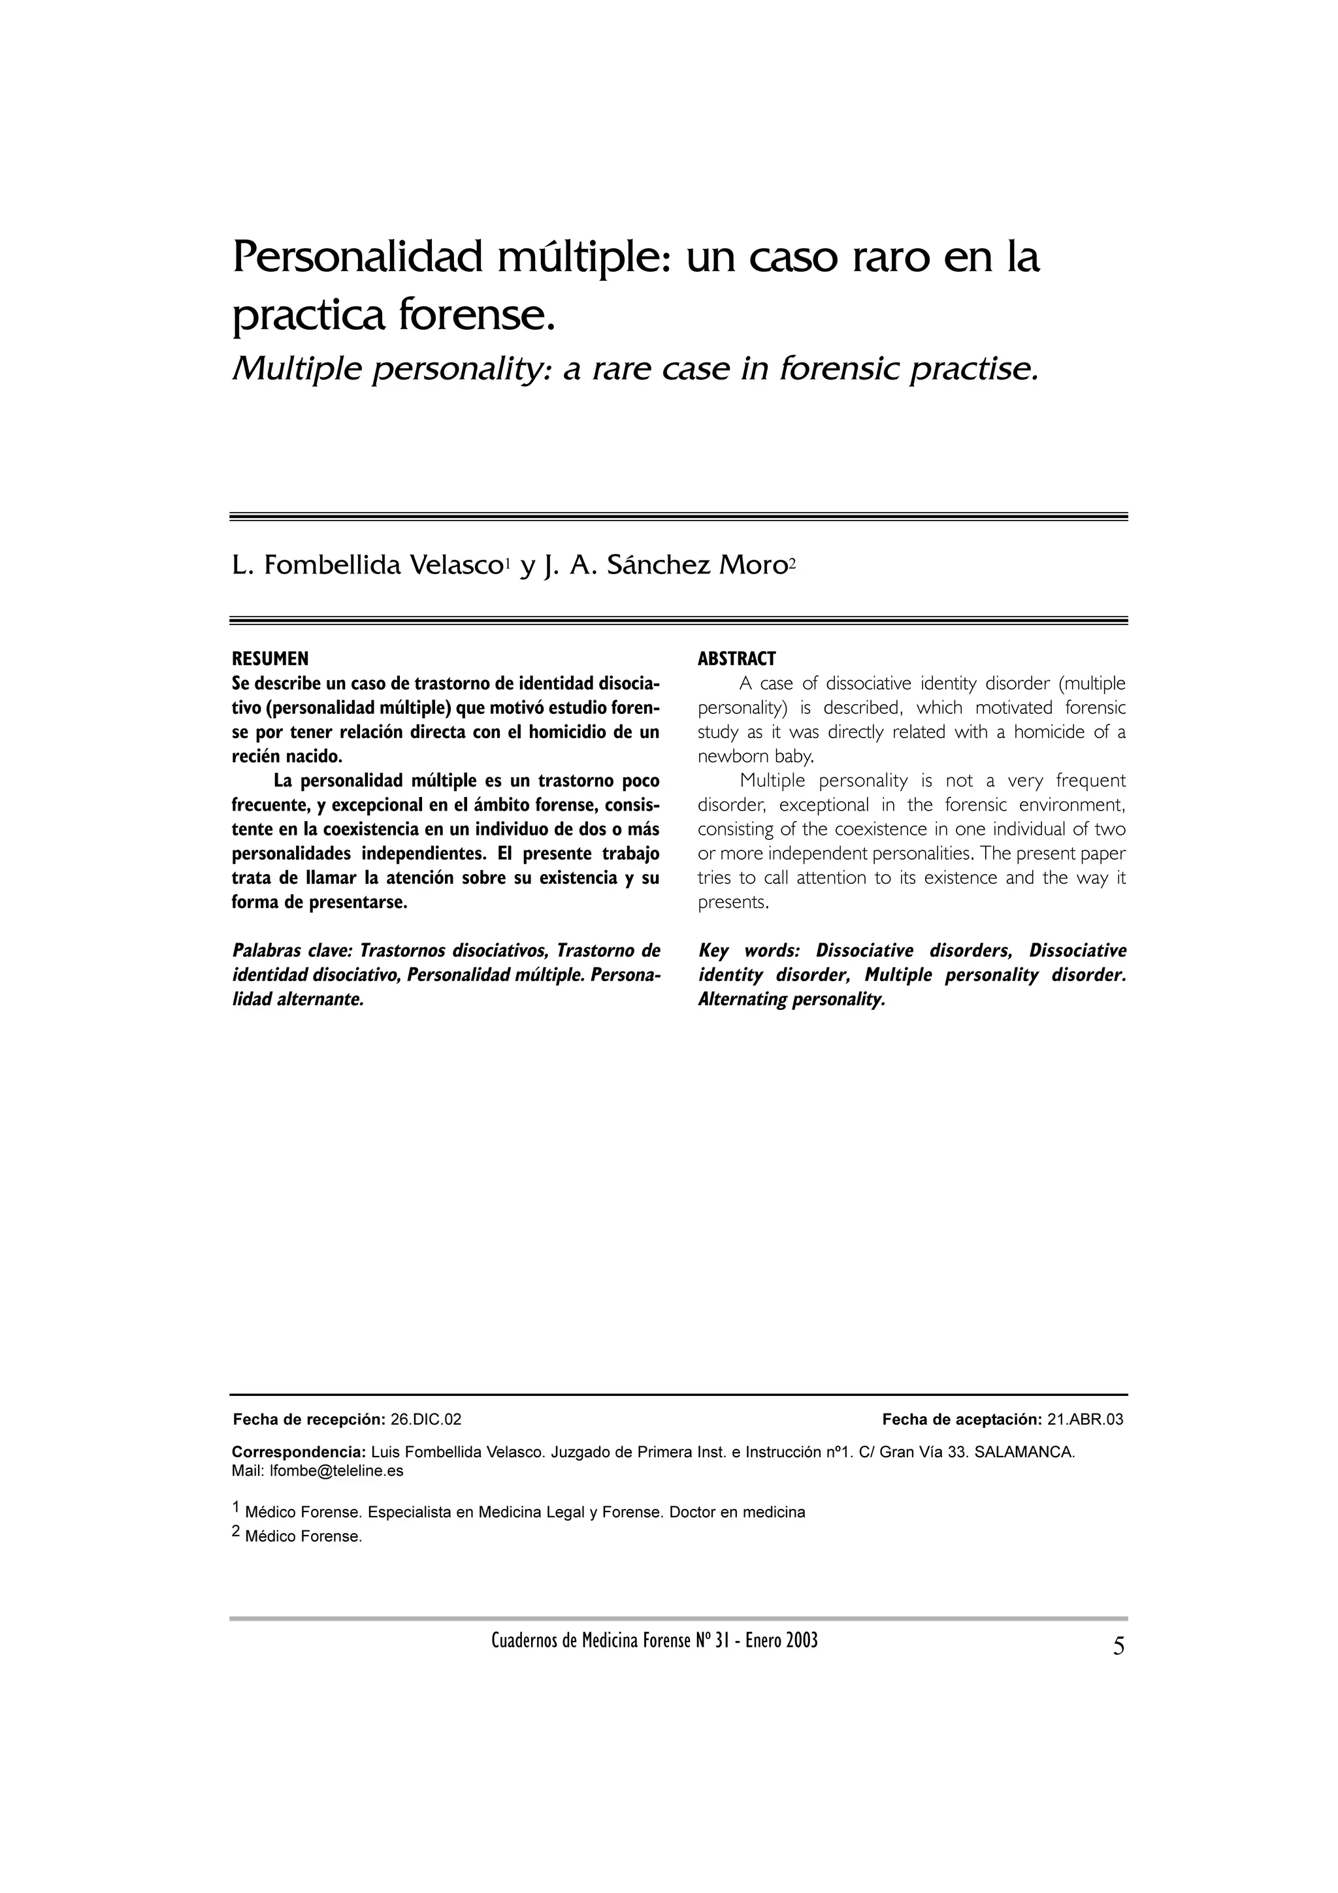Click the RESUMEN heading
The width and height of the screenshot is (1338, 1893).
[x=270, y=658]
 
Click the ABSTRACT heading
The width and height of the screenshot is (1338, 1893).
[x=736, y=658]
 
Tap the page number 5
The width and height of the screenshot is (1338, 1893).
[x=1118, y=1647]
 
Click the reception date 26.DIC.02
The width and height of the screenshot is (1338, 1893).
[x=425, y=1420]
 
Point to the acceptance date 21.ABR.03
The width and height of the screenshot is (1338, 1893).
[x=1085, y=1420]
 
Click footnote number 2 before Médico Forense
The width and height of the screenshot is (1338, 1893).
[x=237, y=1532]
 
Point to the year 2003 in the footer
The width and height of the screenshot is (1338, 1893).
[x=802, y=1641]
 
